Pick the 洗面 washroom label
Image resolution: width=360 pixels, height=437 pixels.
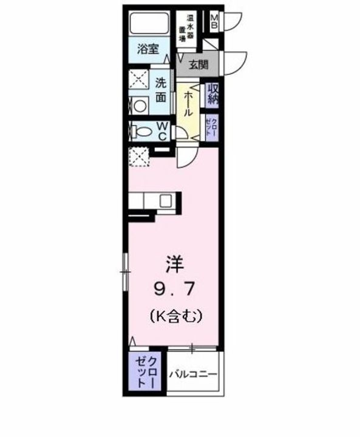click(x=160, y=89)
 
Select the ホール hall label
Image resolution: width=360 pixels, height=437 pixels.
click(x=189, y=104)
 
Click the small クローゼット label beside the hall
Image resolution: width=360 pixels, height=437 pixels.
click(x=212, y=128)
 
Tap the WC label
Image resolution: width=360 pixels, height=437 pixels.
click(x=162, y=130)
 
